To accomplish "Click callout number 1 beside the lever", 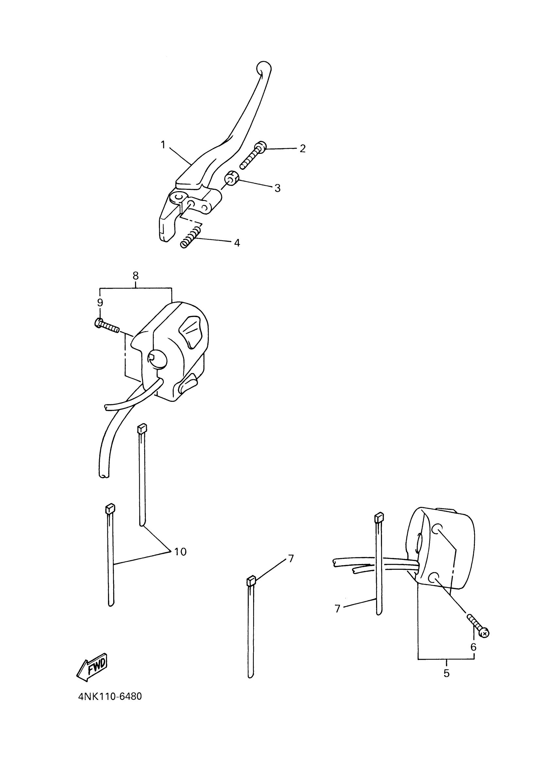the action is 163,145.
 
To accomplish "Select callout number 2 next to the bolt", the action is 303,148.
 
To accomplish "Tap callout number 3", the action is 277,188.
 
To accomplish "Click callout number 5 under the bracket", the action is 446,673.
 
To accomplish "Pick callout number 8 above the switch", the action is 135,276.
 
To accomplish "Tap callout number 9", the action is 100,302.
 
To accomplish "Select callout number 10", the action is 180,552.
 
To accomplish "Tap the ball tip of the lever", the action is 264,68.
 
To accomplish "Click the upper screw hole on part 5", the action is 438,528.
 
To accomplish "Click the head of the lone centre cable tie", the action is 251,582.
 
